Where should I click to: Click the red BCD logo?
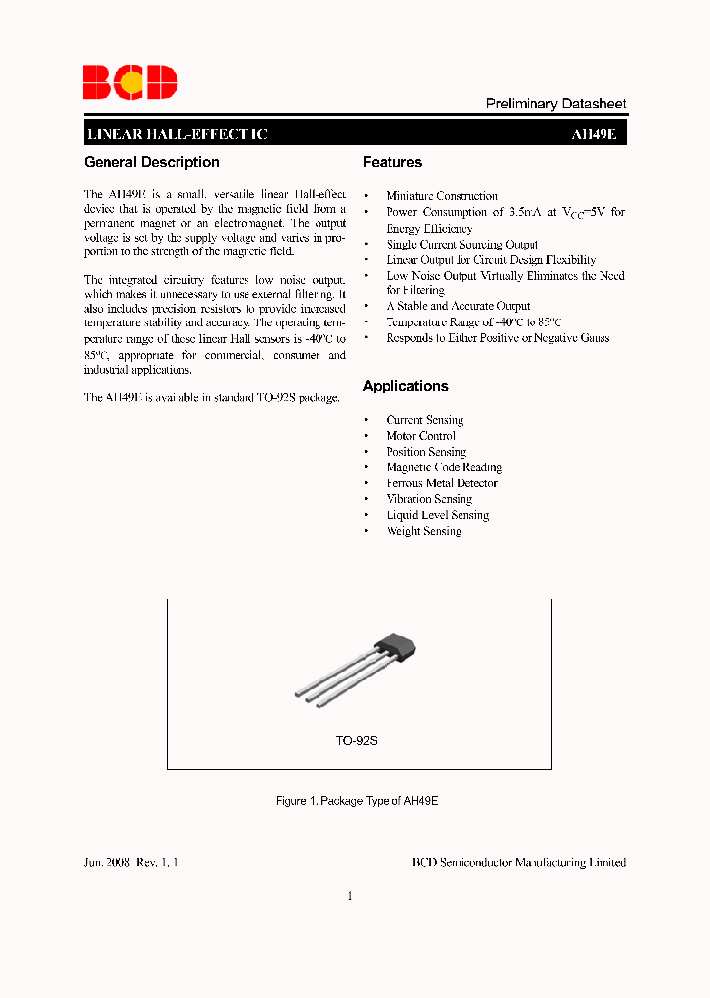click(x=129, y=82)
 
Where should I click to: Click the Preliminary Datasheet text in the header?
click(x=556, y=104)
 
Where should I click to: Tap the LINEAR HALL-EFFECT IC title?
click(x=177, y=135)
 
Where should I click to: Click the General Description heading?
click(x=152, y=162)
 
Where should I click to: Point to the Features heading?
click(x=391, y=162)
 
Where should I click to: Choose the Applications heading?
click(x=404, y=386)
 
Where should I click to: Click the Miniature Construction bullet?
click(x=442, y=196)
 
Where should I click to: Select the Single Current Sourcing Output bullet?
click(x=461, y=244)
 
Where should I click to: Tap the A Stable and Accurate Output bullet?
click(x=458, y=306)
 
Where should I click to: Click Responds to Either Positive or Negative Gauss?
click(x=497, y=337)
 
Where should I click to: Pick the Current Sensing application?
click(x=424, y=420)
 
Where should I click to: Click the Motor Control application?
click(x=420, y=436)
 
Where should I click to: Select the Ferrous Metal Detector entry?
click(x=442, y=483)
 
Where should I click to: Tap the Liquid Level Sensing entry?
click(x=437, y=515)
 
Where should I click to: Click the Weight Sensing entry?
click(x=423, y=531)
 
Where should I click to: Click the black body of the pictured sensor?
click(x=396, y=649)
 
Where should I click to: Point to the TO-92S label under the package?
click(x=356, y=740)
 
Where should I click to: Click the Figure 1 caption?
click(x=356, y=801)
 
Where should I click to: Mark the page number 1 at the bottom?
click(x=350, y=896)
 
